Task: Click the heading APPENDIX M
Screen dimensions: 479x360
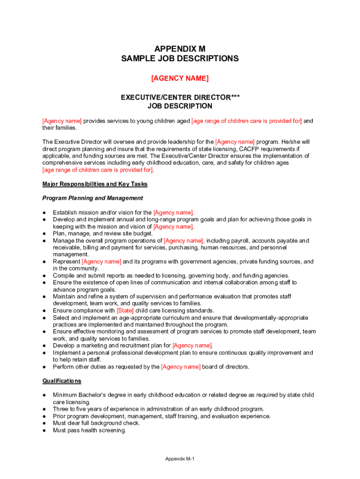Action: pyautogui.click(x=180, y=49)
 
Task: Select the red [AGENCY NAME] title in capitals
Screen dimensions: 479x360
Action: pyautogui.click(x=180, y=78)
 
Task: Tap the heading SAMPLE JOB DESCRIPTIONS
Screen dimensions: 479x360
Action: pyautogui.click(x=180, y=58)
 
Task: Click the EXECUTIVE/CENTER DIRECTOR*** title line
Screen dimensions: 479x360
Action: pyautogui.click(x=180, y=97)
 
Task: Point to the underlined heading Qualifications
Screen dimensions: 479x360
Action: pyautogui.click(x=62, y=381)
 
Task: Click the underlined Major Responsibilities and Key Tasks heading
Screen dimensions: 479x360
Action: pyautogui.click(x=95, y=184)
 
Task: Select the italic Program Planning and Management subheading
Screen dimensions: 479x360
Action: pyautogui.click(x=93, y=198)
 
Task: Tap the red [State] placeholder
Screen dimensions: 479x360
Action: pyautogui.click(x=125, y=311)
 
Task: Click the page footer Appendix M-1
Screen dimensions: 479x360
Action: pyautogui.click(x=180, y=458)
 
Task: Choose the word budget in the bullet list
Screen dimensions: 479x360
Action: pyautogui.click(x=143, y=233)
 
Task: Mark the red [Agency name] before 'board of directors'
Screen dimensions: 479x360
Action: pyautogui.click(x=181, y=367)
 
